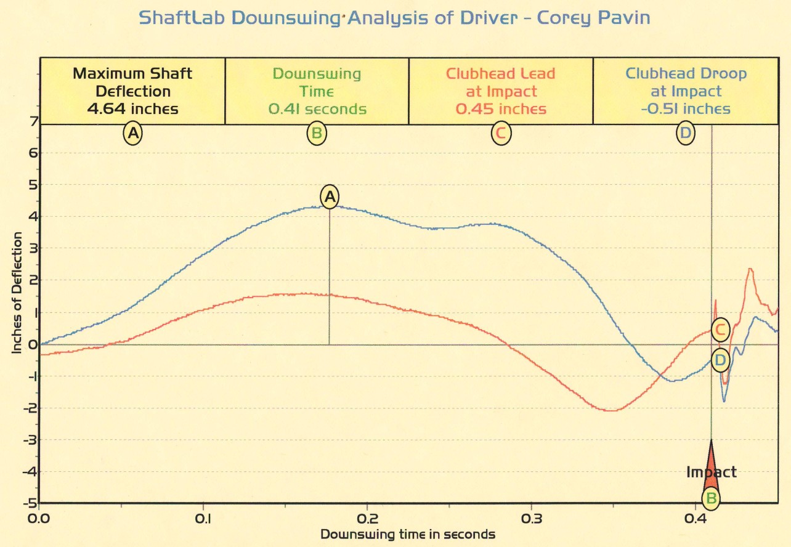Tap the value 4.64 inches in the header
tap(132, 110)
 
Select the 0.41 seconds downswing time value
tap(317, 110)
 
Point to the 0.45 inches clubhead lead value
tap(501, 110)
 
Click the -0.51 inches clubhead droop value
tap(685, 110)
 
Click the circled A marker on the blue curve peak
tap(330, 197)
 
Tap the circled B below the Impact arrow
tap(711, 498)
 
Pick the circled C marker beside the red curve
tap(720, 330)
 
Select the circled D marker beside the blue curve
tap(720, 360)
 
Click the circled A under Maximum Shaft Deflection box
tap(132, 133)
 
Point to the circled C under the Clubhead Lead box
tap(501, 133)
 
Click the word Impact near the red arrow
tap(712, 472)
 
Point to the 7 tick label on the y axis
tap(31, 121)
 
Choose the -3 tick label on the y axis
tap(29, 439)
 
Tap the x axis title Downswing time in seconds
tap(408, 533)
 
